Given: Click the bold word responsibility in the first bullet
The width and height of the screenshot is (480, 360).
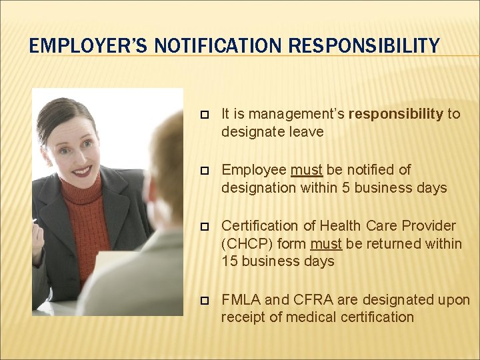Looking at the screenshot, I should point(396,114).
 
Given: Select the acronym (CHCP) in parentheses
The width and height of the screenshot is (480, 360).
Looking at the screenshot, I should point(245,244).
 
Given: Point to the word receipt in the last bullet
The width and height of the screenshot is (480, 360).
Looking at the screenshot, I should point(243,317).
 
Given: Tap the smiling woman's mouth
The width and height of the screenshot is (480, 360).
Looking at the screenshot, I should point(82,171).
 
